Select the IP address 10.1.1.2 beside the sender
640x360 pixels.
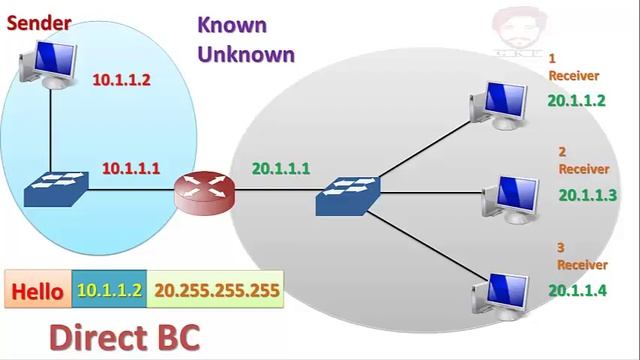coord(121,80)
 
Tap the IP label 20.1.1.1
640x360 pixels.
coord(280,168)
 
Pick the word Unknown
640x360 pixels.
coord(246,53)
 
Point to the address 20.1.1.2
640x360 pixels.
coord(576,100)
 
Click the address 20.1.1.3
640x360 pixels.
coord(588,195)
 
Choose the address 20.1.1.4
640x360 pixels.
coord(577,290)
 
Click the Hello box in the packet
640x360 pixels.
coord(38,292)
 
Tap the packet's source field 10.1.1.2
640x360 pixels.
coord(109,292)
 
